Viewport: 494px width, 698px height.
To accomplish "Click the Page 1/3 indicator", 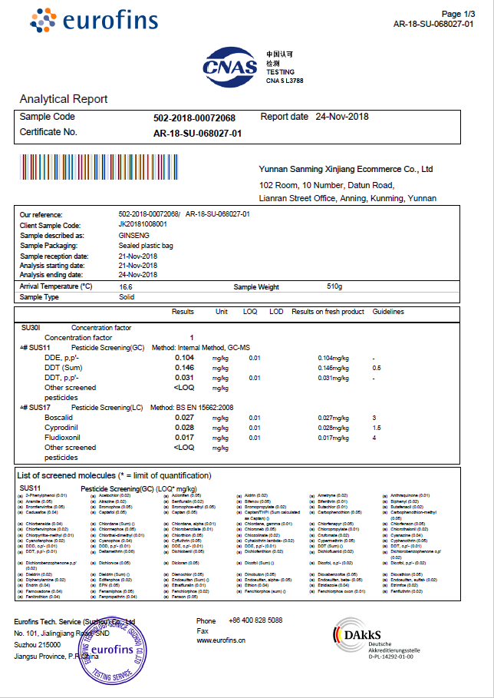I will click(459, 14).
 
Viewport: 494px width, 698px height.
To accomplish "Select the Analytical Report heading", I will click(63, 99).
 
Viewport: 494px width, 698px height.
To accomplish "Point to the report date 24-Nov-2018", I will click(342, 117).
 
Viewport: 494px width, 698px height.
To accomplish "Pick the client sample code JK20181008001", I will click(143, 225).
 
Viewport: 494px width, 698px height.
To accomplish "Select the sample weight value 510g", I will click(334, 286).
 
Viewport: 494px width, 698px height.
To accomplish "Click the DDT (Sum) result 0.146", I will click(184, 368).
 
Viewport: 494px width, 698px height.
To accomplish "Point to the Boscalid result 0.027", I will click(184, 417).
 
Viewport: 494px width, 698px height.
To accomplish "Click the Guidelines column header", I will click(388, 313).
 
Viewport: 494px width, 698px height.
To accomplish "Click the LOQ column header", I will click(250, 313).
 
